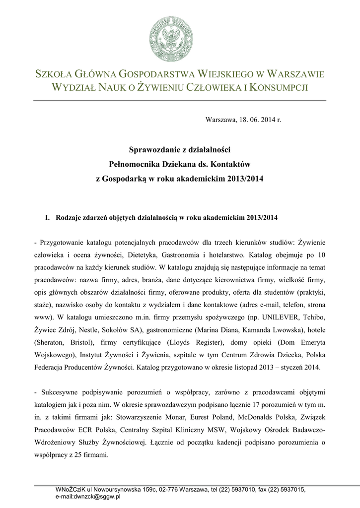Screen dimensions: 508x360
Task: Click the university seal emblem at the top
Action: click(x=171, y=38)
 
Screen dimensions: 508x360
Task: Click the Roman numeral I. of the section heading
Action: click(x=48, y=217)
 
